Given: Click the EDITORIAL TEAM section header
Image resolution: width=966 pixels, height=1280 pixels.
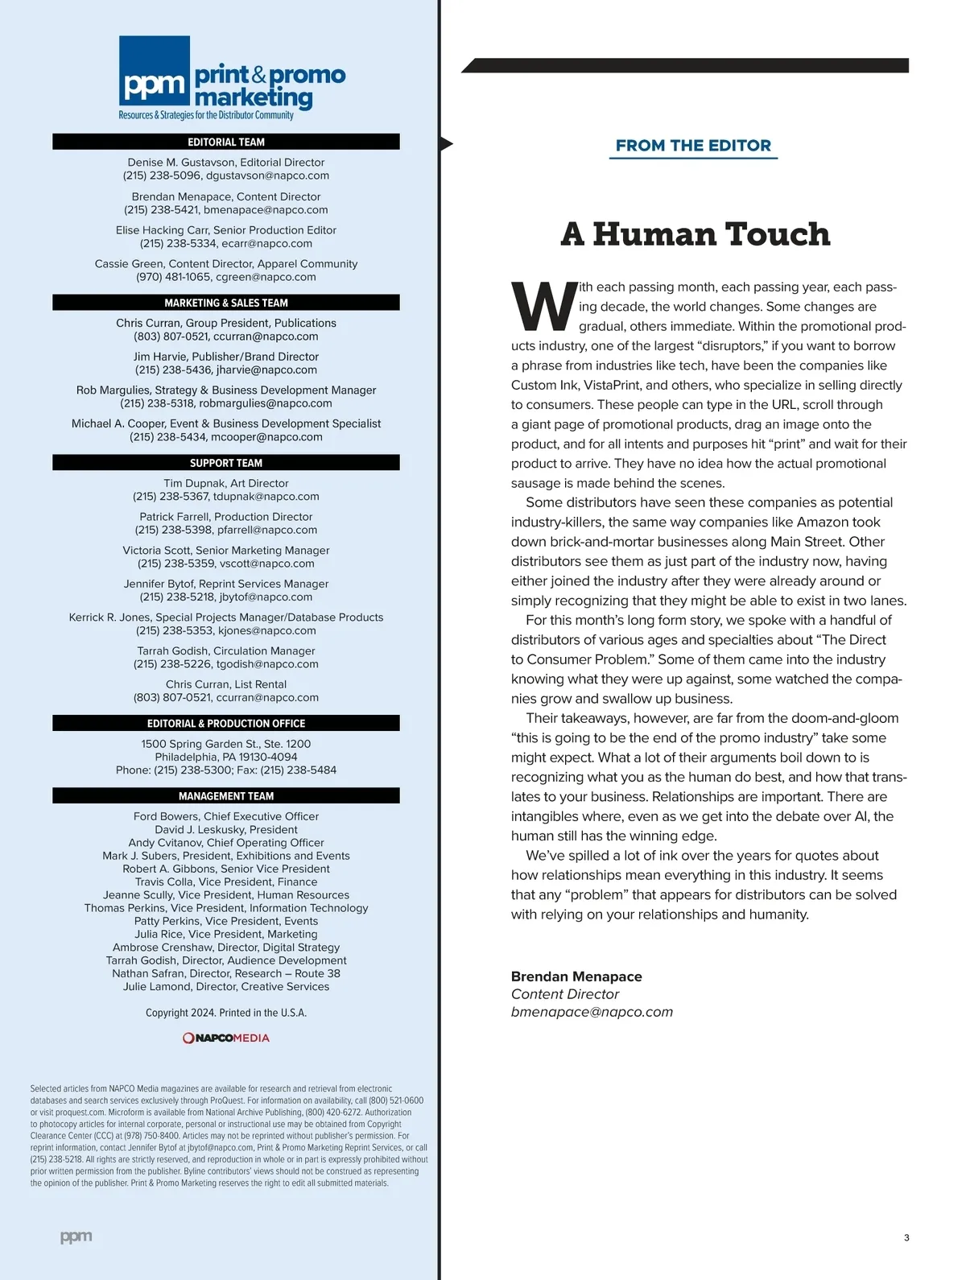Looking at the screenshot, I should coord(226,142).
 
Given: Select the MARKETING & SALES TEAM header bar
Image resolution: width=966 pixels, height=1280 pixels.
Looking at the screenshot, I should coord(226,303).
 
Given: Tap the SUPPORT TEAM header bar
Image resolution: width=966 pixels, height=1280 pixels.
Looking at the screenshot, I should coord(226,463).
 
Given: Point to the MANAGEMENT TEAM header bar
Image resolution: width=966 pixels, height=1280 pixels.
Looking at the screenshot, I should coord(226,795).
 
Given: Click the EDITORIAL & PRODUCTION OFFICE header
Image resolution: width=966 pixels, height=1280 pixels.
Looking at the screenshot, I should coord(226,723).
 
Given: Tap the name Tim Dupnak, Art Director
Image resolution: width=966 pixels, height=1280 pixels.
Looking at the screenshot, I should coord(226,483).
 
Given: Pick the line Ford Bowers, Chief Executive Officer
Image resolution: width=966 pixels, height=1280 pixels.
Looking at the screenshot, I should coord(226,816).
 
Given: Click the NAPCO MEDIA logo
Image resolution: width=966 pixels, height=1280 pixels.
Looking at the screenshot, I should coord(226,1038).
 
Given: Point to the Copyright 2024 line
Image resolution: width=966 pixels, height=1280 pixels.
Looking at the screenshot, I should coord(226,1013).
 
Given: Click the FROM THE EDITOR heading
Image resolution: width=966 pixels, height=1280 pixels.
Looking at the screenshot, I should coord(693,146).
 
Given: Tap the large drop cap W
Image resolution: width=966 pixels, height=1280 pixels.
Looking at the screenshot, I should coord(544,307).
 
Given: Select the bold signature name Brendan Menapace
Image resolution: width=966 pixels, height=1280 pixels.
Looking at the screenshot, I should coord(576,977).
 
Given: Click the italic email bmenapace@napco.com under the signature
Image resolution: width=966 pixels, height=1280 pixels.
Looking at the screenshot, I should coord(592,1012).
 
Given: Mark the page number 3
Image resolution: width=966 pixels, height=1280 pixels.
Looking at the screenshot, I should coord(906,1237).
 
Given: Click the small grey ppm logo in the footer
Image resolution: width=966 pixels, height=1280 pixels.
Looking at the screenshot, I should coord(76,1237).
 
